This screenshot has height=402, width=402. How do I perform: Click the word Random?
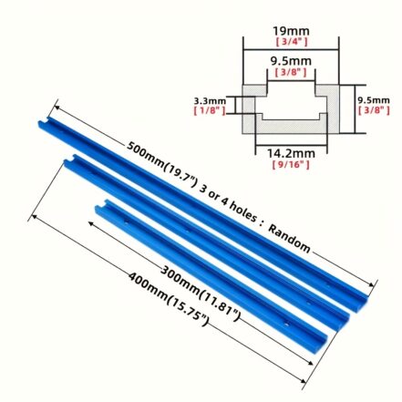click(290, 240)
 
